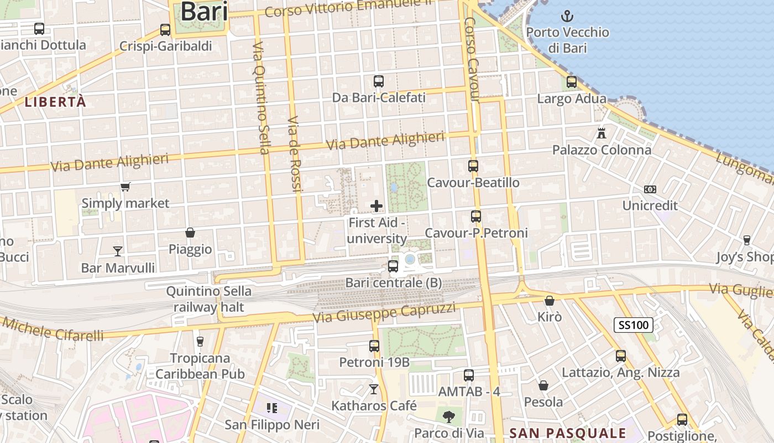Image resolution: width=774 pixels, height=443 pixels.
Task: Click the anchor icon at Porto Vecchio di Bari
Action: (x=567, y=16)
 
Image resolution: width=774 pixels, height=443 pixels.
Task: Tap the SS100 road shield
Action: (x=634, y=325)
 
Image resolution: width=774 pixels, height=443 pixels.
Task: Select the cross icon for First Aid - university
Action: (x=376, y=206)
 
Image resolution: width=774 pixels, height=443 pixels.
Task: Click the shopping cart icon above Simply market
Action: (x=125, y=187)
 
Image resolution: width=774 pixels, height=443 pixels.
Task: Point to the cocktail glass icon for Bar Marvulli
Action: (x=118, y=251)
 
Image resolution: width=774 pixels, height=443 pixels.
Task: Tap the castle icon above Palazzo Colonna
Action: (x=602, y=133)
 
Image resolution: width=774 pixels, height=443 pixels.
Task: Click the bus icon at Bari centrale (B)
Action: (x=393, y=266)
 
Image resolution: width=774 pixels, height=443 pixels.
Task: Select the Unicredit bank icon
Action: (x=650, y=189)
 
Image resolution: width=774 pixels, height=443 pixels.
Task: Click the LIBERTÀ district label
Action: (x=56, y=102)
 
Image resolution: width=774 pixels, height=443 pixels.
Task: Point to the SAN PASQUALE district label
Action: (x=568, y=433)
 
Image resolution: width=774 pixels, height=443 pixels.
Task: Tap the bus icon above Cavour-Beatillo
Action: (x=473, y=166)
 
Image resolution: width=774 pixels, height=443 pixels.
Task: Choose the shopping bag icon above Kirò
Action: (x=550, y=301)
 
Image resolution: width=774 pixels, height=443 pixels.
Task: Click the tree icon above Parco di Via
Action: (x=448, y=416)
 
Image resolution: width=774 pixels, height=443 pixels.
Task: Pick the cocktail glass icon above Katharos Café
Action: (x=374, y=389)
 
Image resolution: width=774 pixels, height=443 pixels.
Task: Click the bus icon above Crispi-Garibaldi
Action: (x=165, y=30)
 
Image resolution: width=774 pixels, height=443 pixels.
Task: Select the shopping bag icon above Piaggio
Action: (x=190, y=233)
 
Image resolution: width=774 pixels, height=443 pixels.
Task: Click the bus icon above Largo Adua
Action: (x=572, y=82)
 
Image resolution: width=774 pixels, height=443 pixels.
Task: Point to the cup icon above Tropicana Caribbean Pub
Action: (x=200, y=341)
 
